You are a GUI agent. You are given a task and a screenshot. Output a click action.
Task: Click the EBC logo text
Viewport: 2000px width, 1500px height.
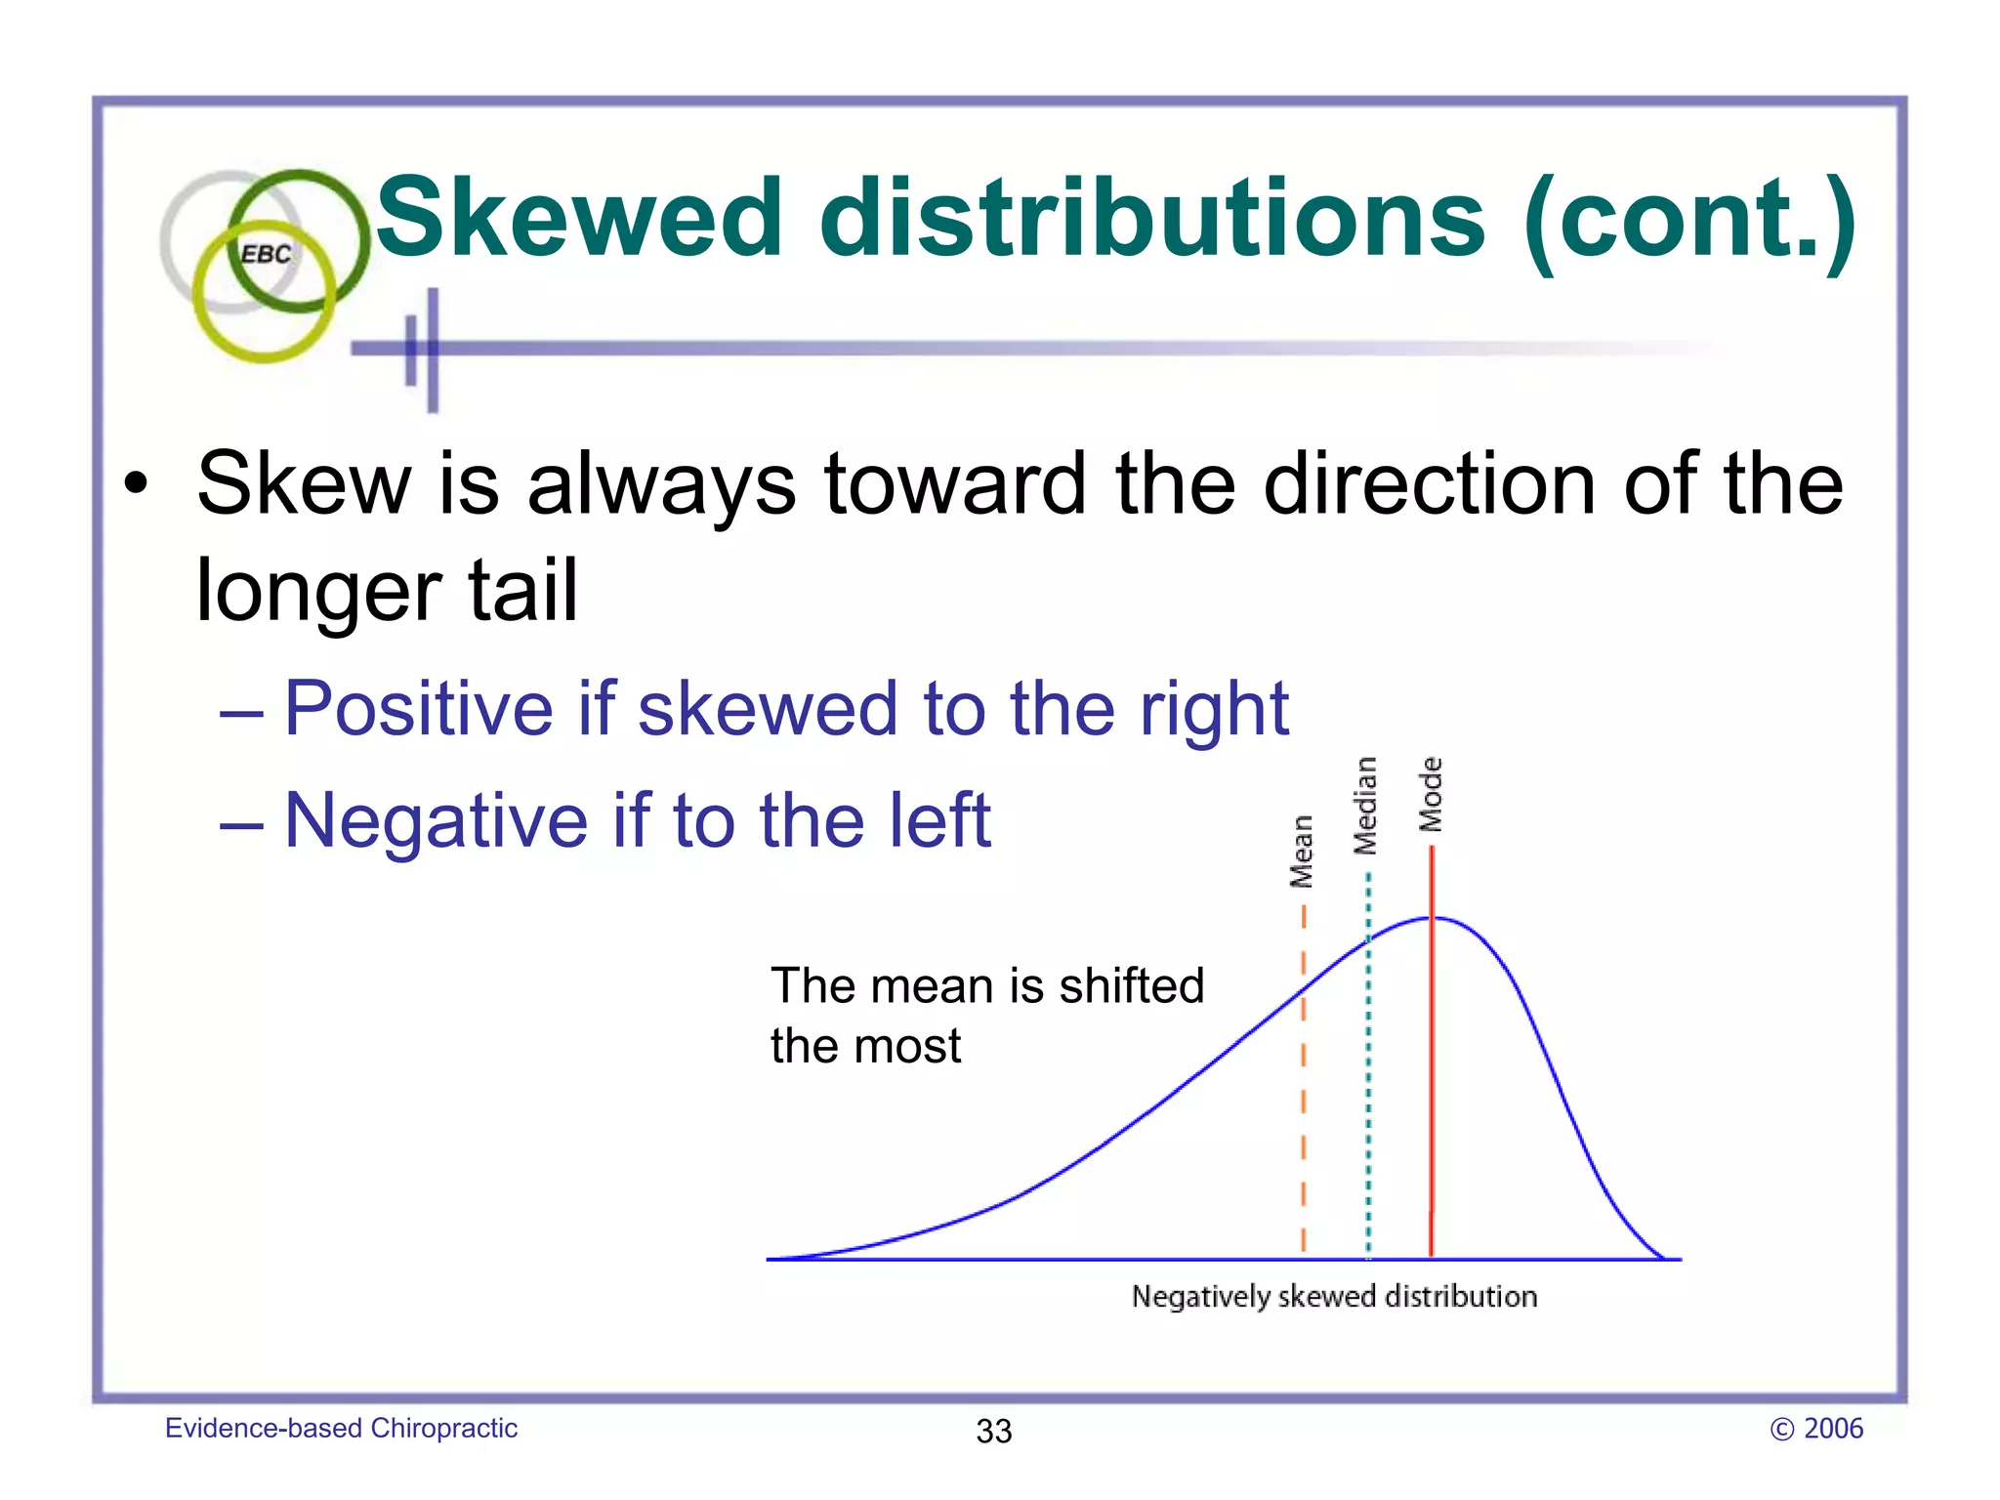(x=266, y=254)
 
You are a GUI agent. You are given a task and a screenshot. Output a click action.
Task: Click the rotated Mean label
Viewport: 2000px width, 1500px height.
(x=1302, y=852)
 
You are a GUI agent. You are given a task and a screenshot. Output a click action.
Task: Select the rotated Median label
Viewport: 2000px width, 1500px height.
(x=1365, y=806)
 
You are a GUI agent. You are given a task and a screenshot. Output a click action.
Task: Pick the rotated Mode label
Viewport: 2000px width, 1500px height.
(x=1431, y=795)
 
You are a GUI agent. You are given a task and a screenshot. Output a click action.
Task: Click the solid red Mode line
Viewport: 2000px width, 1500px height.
(x=1432, y=1074)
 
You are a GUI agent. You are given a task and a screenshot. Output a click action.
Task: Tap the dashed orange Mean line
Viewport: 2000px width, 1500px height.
(x=1303, y=1074)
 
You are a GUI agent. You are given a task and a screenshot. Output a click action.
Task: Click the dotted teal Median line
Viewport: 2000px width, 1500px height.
(x=1368, y=1074)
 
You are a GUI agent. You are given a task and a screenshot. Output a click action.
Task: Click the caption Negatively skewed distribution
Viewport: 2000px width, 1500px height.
(x=1334, y=1297)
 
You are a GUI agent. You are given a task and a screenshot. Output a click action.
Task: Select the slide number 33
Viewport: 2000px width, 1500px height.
(x=994, y=1431)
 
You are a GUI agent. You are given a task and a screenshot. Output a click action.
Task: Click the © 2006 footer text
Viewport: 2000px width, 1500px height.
(x=1816, y=1429)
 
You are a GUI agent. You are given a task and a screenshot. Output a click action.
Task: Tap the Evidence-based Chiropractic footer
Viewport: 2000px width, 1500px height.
(x=341, y=1428)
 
